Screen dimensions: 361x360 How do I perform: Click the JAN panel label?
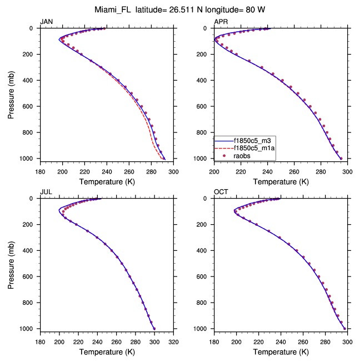point(46,22)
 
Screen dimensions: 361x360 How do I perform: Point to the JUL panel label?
point(46,192)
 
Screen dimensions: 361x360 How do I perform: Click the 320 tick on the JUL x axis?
point(173,342)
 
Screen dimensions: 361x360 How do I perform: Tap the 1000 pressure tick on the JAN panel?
point(28,159)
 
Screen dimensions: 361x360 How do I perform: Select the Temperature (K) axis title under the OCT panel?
point(281,352)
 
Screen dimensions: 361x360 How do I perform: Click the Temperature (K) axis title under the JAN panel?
point(106,182)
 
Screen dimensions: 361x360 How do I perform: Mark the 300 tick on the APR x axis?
point(347,171)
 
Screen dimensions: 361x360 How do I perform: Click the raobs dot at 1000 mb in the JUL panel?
point(154,329)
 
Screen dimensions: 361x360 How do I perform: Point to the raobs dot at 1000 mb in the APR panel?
point(341,159)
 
